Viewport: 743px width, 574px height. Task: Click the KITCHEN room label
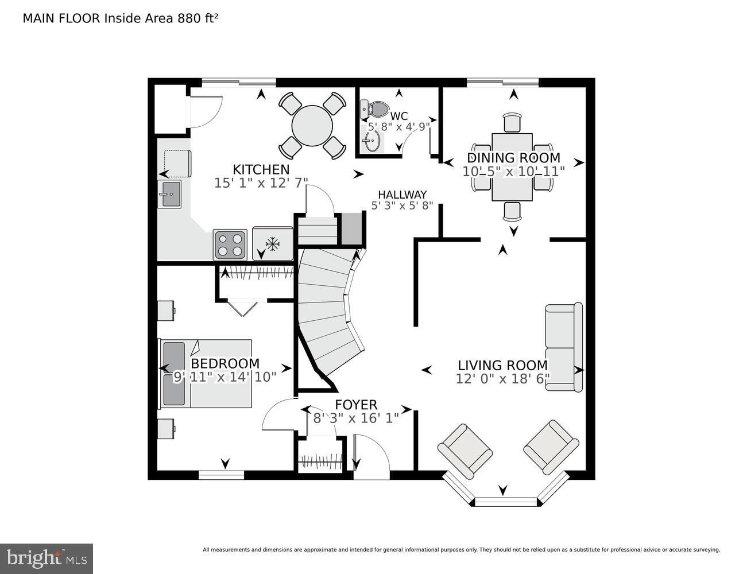click(261, 170)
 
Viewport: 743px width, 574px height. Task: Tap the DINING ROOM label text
click(513, 158)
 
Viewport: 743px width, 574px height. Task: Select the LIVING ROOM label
click(502, 366)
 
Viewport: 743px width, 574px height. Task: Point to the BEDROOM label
click(225, 364)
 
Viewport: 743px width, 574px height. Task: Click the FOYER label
click(356, 405)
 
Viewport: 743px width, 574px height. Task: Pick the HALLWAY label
click(402, 195)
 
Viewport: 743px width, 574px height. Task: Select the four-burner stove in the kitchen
click(230, 245)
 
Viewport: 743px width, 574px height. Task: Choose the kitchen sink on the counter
click(169, 194)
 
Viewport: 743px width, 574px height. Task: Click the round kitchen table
click(312, 126)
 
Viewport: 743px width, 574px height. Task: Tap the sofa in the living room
click(563, 347)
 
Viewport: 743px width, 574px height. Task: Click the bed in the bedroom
click(206, 374)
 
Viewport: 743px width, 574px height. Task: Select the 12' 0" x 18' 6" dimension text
click(503, 379)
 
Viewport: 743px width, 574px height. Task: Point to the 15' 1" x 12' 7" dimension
click(261, 183)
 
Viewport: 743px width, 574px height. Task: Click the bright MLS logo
click(47, 558)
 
